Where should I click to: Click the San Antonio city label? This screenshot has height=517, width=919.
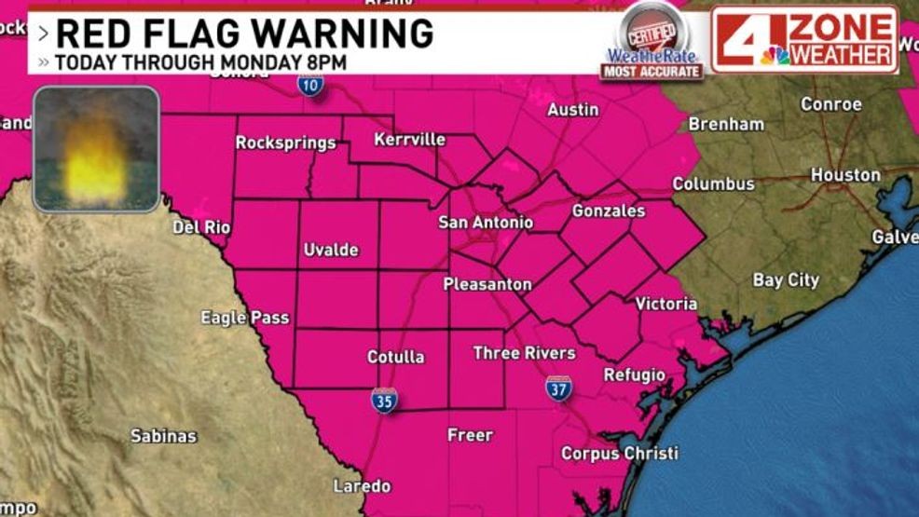[486, 223]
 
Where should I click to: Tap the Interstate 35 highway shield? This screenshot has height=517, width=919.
[384, 400]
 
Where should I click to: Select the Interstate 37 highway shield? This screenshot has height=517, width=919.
[558, 389]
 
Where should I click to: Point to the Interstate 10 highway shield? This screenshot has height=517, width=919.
[311, 85]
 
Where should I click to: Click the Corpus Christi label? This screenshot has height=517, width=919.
[620, 454]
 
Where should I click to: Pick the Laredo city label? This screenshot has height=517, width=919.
[362, 486]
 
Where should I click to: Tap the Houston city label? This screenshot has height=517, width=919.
[844, 175]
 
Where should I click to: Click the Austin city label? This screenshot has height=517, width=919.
[572, 110]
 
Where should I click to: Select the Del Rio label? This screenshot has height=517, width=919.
[200, 226]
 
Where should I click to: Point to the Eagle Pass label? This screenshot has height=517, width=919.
[245, 318]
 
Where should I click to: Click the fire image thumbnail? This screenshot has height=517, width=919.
[96, 149]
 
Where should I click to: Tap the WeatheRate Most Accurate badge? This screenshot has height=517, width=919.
[652, 43]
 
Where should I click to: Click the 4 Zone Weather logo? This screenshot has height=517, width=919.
[804, 39]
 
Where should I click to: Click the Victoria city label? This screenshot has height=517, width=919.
[665, 304]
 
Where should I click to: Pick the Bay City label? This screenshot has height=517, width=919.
[786, 279]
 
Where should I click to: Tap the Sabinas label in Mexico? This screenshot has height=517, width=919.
[163, 435]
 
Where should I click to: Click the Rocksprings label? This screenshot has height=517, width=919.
[285, 143]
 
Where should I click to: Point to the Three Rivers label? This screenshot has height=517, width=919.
[524, 353]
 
